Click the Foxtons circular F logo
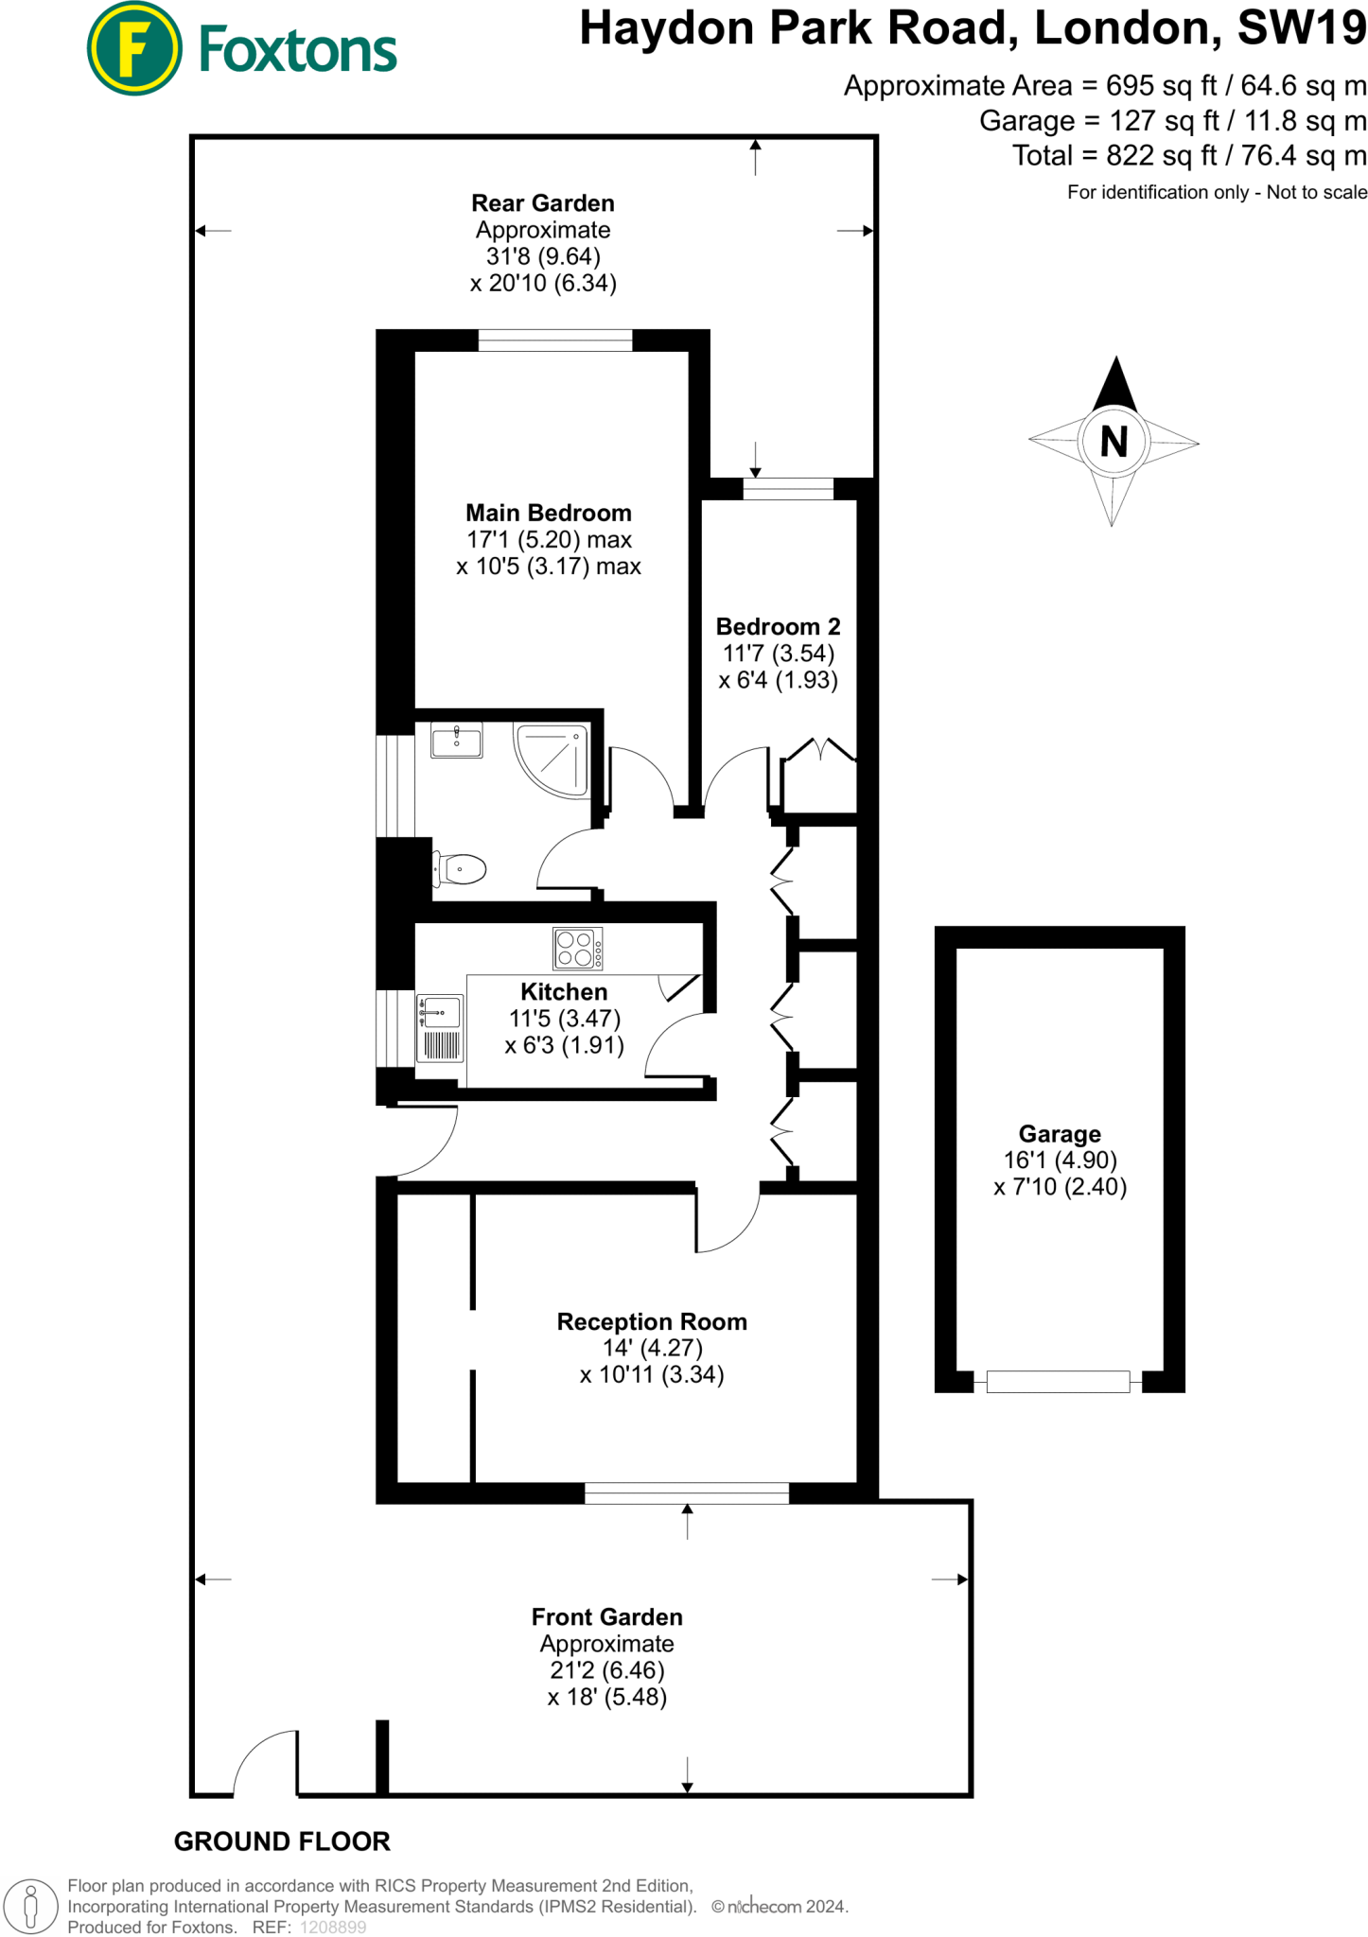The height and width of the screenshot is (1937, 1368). [134, 48]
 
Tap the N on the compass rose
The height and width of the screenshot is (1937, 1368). [1114, 442]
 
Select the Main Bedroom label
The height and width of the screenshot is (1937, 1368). [548, 513]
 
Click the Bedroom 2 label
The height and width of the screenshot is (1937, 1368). [778, 626]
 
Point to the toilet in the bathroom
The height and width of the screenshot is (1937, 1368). [461, 868]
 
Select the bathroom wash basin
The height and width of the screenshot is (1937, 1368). [456, 740]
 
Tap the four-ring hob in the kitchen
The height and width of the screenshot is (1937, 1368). [577, 949]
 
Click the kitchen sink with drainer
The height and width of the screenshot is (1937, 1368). [440, 1027]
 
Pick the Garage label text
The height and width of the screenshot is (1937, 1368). [1060, 1133]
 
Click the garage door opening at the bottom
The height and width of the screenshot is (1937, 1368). [1058, 1381]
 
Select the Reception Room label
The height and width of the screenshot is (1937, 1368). [652, 1321]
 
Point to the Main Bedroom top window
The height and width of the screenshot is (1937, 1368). [555, 340]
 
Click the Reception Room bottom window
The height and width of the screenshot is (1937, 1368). [687, 1492]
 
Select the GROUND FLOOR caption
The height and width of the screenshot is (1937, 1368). [282, 1841]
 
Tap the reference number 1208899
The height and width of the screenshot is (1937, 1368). [333, 1927]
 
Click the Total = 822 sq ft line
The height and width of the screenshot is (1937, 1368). [1189, 155]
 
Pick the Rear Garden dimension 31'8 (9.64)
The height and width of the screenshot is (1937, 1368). [543, 256]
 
